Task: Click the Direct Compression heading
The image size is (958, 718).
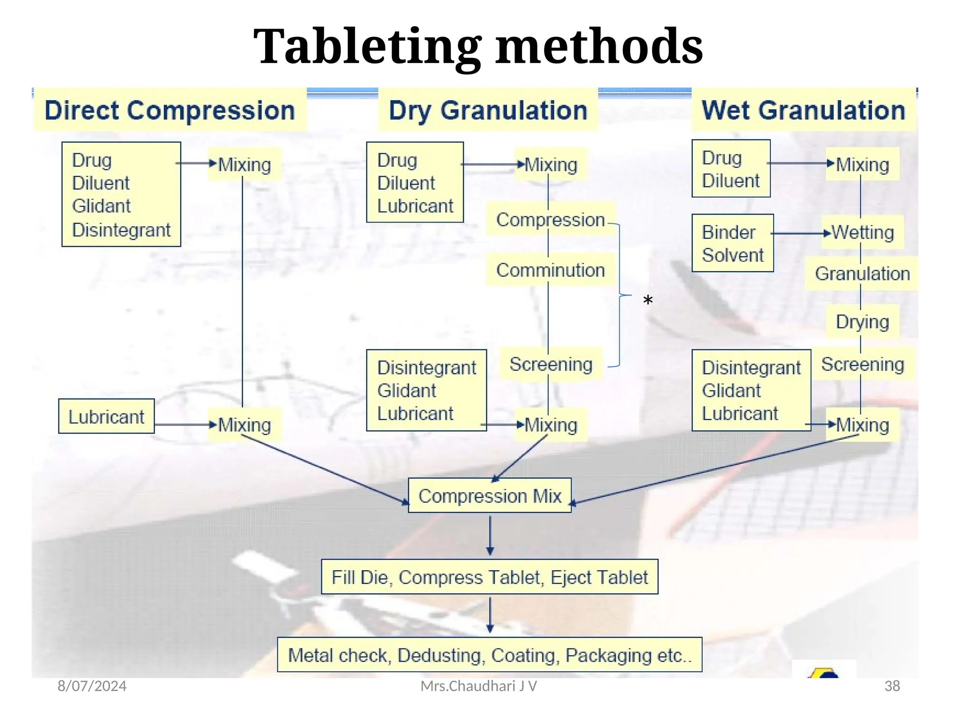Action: [169, 110]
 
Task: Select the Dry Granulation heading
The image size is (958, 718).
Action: [488, 110]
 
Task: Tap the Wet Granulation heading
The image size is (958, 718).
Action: [803, 110]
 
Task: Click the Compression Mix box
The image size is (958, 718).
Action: [489, 496]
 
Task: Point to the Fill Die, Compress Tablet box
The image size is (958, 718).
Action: [489, 577]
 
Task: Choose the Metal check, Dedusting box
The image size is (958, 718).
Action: [489, 655]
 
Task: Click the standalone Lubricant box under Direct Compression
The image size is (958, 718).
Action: [106, 416]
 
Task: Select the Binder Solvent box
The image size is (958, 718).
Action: [732, 244]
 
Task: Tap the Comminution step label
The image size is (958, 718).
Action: [550, 270]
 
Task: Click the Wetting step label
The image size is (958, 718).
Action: [863, 232]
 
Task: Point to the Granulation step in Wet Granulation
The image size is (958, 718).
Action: [862, 274]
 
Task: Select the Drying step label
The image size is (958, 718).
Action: [862, 322]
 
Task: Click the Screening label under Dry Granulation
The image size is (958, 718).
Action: [551, 364]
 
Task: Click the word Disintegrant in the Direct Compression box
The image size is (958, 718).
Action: [121, 230]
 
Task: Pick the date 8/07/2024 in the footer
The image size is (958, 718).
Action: [92, 686]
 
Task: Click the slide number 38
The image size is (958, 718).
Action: [892, 686]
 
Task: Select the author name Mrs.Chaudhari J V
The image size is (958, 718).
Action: [479, 686]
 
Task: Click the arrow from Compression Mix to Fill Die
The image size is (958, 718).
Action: [490, 536]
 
